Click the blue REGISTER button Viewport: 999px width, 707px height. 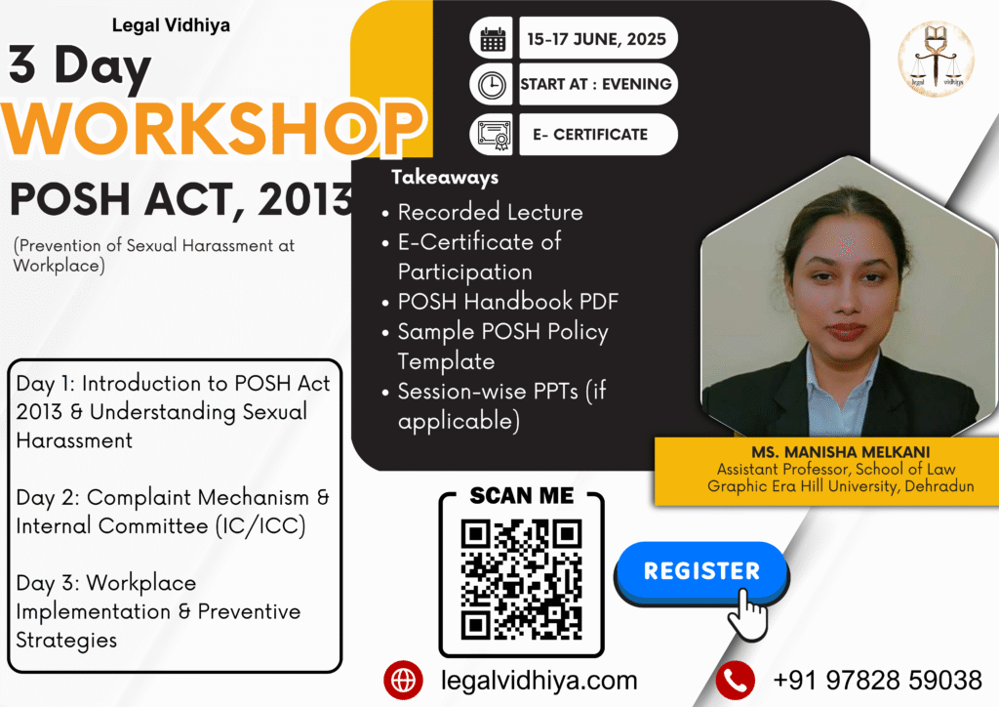point(701,571)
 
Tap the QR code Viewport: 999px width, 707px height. point(521,579)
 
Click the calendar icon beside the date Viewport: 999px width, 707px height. point(493,39)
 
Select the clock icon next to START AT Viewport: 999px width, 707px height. point(492,85)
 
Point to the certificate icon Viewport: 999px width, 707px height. point(493,135)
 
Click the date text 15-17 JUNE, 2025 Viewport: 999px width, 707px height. point(596,39)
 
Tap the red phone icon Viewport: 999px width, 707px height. point(736,681)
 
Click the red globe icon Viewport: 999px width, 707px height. point(403,681)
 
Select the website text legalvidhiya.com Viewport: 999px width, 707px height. point(539,681)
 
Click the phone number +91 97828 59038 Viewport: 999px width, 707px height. point(877,681)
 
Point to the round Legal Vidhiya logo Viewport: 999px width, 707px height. point(936,60)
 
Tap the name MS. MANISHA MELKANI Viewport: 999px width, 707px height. point(840,452)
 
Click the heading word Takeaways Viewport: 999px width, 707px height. point(445,177)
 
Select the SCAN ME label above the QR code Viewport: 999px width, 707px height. point(522,495)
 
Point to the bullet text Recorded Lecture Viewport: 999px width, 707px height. point(490,212)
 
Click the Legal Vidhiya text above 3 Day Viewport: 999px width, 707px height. point(171,25)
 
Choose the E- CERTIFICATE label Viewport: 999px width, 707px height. point(590,135)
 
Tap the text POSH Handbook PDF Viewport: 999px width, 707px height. point(507,302)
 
